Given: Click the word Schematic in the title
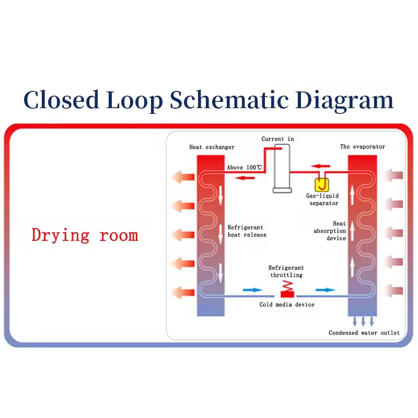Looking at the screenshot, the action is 229,99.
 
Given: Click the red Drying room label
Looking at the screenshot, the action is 85,236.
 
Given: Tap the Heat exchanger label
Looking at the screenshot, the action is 212,147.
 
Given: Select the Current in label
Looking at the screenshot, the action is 277,139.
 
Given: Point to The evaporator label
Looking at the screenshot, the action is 363,147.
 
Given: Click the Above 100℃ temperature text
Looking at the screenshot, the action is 245,167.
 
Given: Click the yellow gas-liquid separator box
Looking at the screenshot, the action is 322,185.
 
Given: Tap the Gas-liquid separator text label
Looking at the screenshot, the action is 322,200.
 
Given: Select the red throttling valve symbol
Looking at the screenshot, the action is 287,290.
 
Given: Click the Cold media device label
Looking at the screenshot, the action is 287,305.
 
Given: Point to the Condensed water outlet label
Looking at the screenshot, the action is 364,333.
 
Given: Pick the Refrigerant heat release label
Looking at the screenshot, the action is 247,231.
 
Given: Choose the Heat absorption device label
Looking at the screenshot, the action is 330,231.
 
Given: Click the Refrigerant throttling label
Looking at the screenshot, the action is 286,271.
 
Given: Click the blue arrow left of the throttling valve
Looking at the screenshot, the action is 252,290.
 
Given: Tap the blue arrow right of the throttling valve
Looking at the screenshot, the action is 325,290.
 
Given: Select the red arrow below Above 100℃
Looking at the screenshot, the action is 245,178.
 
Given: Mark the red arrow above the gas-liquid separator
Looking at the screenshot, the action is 321,166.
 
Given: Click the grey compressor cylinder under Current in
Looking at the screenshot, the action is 282,168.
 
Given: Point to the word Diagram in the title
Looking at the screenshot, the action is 344,100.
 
